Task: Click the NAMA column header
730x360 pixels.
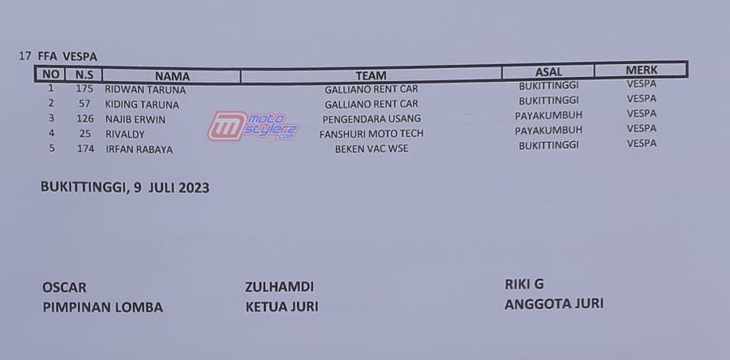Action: [172, 76]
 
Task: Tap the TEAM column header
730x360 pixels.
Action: [371, 75]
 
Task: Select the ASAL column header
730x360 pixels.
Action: [548, 72]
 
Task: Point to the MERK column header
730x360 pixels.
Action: [641, 71]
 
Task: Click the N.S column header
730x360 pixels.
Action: [84, 75]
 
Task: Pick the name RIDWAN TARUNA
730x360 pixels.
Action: [145, 90]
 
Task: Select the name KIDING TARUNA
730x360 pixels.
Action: [142, 105]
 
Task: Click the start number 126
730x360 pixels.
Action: [85, 118]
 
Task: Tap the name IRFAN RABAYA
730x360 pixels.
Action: [139, 149]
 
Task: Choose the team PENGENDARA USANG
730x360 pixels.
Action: [371, 118]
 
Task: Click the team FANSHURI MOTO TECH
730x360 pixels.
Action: [371, 134]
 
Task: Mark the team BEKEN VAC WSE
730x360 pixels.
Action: [371, 149]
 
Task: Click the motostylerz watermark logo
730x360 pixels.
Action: [252, 126]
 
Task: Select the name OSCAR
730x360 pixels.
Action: [64, 288]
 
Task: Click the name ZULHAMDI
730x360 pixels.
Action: [279, 286]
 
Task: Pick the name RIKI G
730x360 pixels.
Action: [524, 284]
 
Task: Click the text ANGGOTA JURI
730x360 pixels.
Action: [554, 304]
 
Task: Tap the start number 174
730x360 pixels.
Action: [85, 149]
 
